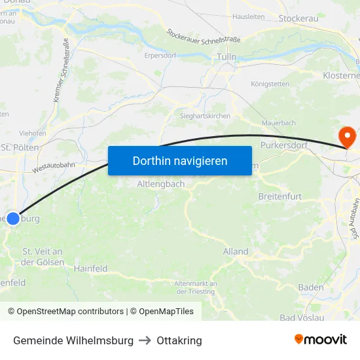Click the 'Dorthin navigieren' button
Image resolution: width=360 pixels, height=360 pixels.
pos(180,160)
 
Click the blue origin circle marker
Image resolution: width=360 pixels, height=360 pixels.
pos(13,219)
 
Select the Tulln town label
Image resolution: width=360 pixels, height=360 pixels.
pos(226,58)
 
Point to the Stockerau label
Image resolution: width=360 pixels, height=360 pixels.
pos(298,18)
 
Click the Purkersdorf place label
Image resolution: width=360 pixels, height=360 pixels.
pos(284,145)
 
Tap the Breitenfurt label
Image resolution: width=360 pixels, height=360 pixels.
pos(280,196)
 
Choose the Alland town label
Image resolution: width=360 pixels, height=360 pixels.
pos(236,251)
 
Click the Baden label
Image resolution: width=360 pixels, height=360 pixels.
pos(311,287)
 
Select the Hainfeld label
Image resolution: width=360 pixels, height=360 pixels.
pos(90,268)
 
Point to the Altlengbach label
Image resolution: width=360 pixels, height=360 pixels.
pos(161,185)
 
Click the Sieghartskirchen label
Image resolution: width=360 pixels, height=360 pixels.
pos(205,116)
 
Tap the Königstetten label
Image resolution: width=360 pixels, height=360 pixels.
pos(270,84)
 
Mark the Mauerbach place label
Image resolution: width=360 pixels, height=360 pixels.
pos(279,122)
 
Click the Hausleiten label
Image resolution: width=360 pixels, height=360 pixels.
pos(249,16)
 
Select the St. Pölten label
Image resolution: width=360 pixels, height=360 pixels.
pos(20,147)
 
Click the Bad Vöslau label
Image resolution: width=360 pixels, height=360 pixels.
pos(302,317)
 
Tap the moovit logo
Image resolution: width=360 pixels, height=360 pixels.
pos(321,340)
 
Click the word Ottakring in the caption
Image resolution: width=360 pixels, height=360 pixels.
pos(179,340)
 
